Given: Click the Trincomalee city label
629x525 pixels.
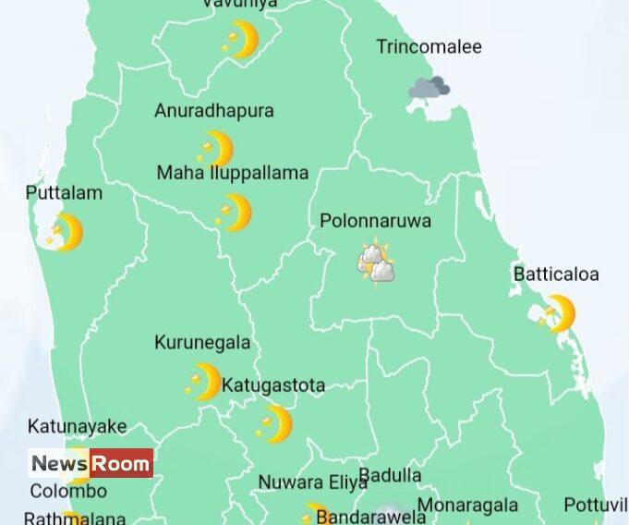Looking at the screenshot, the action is click(429, 46).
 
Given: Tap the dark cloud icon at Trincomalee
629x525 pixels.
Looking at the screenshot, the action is click(429, 89).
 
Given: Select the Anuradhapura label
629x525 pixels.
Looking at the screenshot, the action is click(214, 111).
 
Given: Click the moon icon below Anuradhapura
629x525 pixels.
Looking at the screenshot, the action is click(216, 149).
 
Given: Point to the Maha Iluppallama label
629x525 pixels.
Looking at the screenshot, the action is click(232, 173).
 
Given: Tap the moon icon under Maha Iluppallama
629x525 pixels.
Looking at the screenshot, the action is click(235, 213).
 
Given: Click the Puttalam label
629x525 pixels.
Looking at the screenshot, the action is click(64, 194).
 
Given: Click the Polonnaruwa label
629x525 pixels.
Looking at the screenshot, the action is click(375, 222).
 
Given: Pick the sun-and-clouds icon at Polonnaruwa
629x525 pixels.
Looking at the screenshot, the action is click(377, 262).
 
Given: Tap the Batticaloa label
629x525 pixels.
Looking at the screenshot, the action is click(556, 275).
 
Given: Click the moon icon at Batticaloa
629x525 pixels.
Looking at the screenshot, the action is click(558, 313).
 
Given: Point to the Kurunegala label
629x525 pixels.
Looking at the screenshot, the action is click(202, 343).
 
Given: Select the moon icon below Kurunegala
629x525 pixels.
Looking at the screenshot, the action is click(204, 382).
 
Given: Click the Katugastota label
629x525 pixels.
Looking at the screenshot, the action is click(273, 385).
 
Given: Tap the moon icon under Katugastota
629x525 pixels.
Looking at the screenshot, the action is click(274, 424).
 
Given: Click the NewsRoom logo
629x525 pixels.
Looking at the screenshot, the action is click(91, 463).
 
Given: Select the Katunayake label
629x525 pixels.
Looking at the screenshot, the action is click(77, 427).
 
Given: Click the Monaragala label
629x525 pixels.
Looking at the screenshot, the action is click(467, 506).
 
